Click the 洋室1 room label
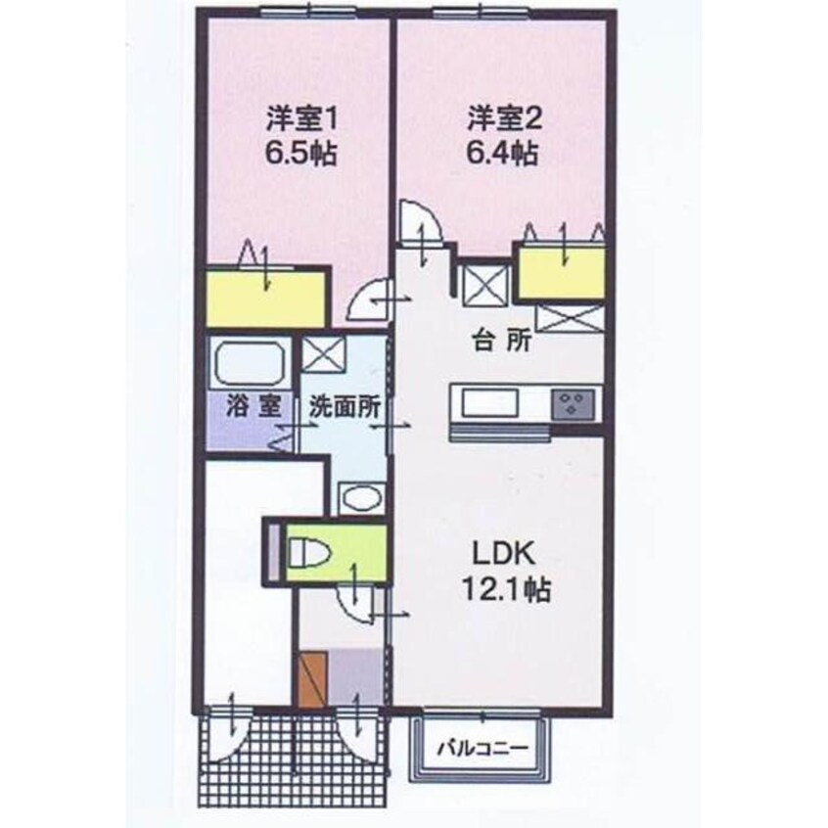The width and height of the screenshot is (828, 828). (303, 121)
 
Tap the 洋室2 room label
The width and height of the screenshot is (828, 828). (503, 121)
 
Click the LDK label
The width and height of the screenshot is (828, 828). (502, 555)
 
